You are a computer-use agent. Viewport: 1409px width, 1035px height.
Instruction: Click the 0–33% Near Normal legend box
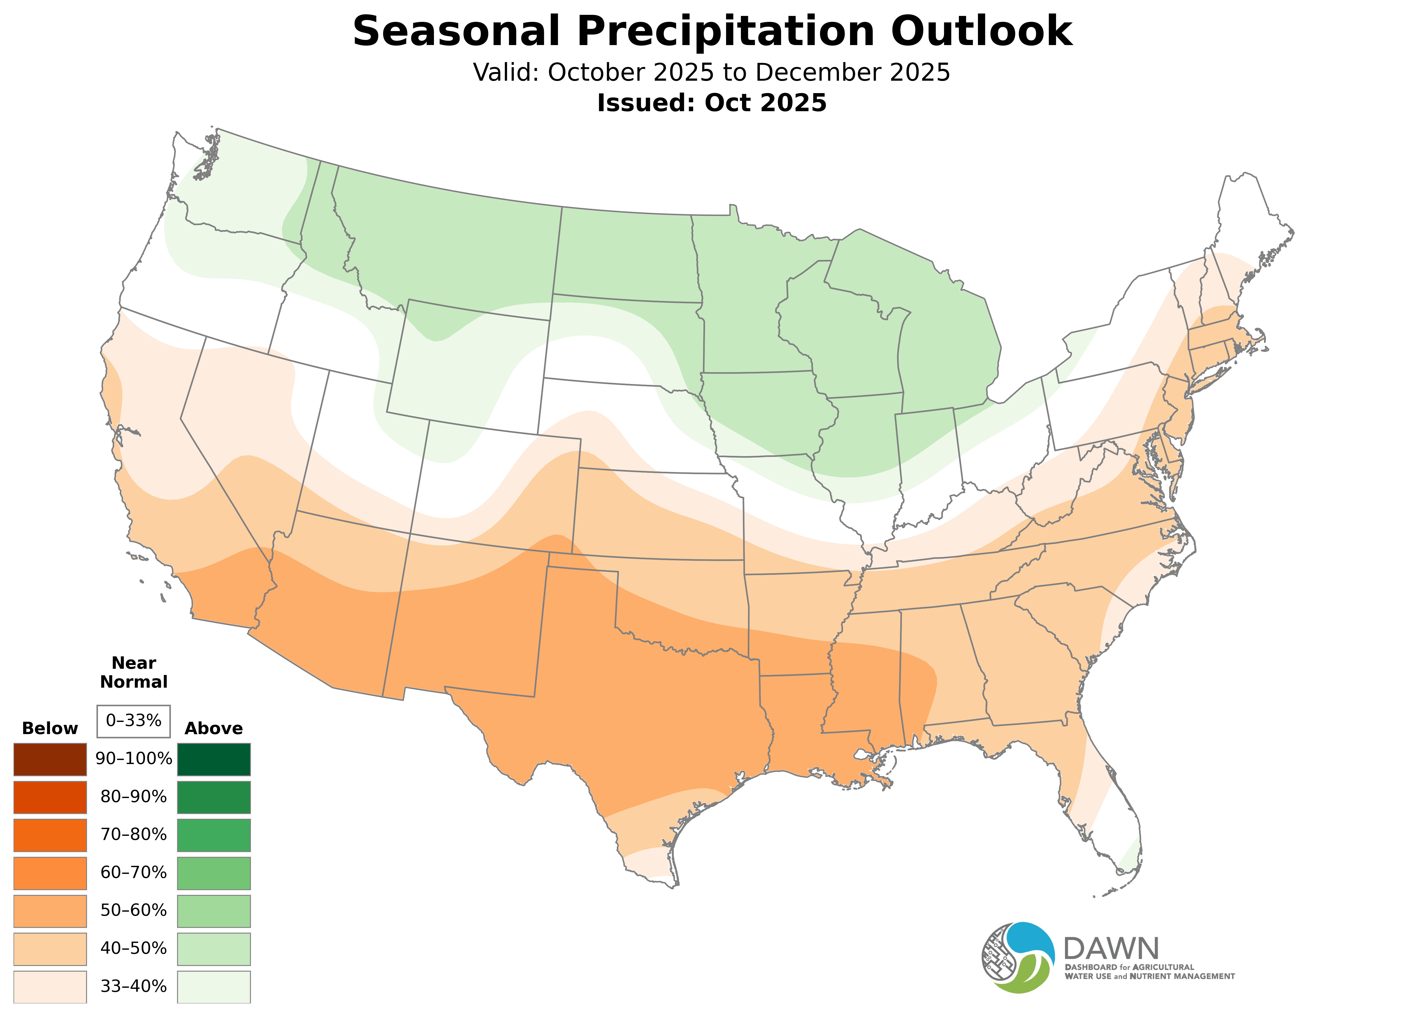133,721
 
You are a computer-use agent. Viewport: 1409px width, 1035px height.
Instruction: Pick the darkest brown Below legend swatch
50,759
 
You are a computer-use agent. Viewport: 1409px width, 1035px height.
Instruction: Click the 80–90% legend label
133,797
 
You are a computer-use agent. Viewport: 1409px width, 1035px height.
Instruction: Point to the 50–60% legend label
133,910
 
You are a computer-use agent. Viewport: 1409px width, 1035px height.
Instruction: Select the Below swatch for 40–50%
50,949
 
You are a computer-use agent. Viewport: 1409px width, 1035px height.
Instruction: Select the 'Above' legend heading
214,729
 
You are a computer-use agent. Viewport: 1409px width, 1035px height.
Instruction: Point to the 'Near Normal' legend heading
133,672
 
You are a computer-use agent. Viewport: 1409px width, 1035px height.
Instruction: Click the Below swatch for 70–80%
50,835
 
